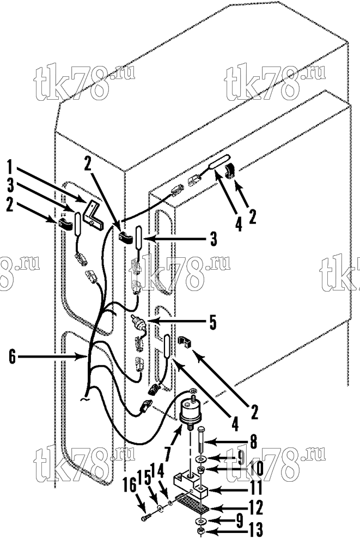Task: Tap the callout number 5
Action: click(212, 322)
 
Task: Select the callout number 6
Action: click(13, 356)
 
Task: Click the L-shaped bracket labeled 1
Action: click(93, 215)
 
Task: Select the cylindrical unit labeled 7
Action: click(190, 410)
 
